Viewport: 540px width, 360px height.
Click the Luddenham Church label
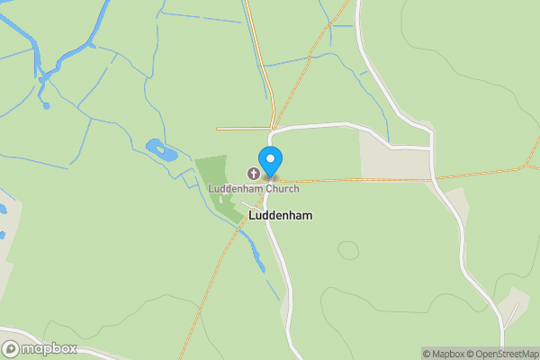(254, 188)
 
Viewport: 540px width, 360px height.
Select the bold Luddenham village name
(281, 216)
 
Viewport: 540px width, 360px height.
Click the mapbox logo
(40, 348)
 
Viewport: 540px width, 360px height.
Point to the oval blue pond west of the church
(160, 150)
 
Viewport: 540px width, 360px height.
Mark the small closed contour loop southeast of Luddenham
(347, 249)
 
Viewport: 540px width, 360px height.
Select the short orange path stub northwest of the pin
(243, 129)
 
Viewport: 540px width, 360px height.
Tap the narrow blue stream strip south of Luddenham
(258, 256)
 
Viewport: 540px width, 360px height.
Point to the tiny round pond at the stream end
(46, 106)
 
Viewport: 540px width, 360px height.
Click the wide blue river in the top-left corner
(36, 45)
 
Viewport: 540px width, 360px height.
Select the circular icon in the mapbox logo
(11, 348)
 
